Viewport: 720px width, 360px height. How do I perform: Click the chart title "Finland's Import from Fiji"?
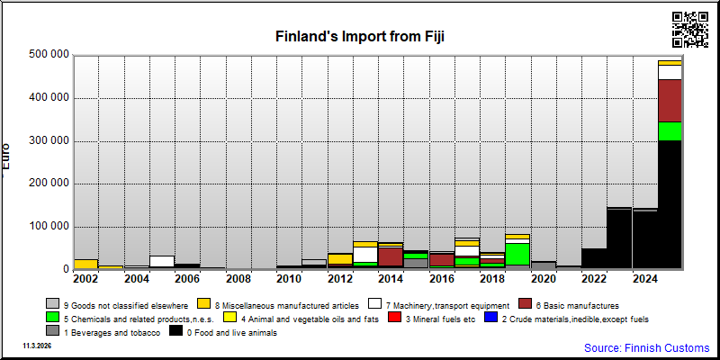pos(359,36)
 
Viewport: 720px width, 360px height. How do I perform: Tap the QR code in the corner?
pos(689,30)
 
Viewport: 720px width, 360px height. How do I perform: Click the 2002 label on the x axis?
pos(85,278)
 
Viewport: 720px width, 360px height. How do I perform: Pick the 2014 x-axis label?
pos(391,278)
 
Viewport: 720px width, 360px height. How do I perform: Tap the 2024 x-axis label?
pos(644,278)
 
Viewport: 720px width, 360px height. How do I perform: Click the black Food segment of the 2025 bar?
pos(670,204)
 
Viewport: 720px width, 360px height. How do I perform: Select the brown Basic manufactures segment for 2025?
pos(670,101)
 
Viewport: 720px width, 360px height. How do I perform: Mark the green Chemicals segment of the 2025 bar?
pos(670,130)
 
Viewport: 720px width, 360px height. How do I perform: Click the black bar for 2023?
pos(619,238)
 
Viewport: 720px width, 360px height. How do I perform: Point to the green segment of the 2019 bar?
pos(517,254)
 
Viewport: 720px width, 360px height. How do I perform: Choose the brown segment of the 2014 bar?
pos(391,256)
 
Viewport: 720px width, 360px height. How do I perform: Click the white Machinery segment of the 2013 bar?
pos(365,255)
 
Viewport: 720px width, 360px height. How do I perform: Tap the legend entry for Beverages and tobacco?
pos(103,332)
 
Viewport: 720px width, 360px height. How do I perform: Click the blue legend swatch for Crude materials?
pos(491,318)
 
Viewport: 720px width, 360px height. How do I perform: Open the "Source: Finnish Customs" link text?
pos(646,347)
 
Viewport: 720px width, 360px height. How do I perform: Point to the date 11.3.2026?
pos(37,346)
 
